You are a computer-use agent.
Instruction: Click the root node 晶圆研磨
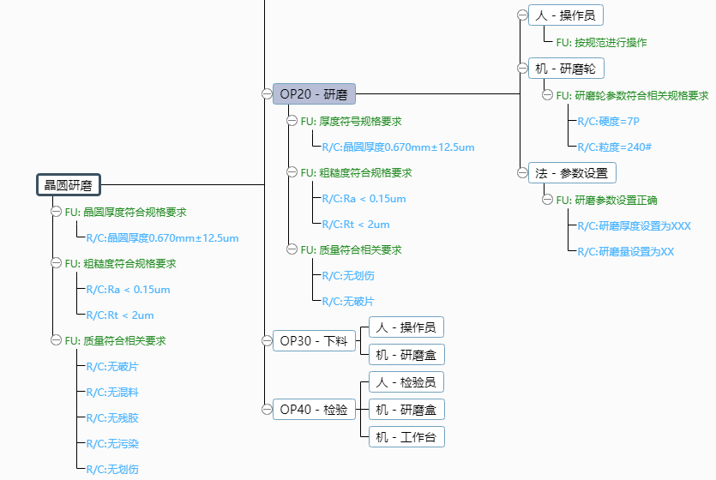coord(69,184)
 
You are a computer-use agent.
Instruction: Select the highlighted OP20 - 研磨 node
coord(315,94)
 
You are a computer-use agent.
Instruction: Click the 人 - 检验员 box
coord(406,382)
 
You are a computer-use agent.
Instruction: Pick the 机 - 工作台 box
coord(406,437)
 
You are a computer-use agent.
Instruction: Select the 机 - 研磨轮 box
coord(567,69)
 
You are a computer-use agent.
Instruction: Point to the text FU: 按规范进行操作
coord(601,42)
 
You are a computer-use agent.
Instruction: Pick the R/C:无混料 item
coord(111,392)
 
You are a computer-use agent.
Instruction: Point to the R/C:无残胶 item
coord(111,417)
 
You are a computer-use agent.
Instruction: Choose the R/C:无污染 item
coord(111,443)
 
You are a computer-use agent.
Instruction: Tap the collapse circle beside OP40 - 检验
coord(267,410)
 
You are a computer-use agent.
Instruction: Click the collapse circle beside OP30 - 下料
coord(267,341)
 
